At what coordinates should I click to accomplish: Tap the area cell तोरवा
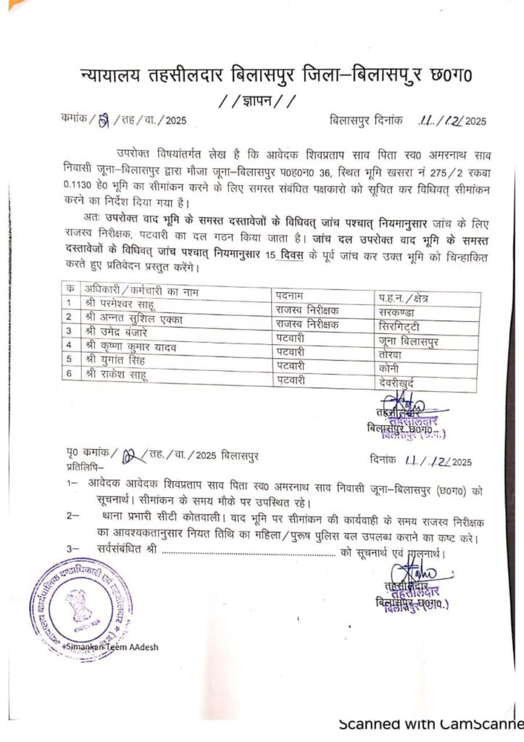click(x=392, y=354)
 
